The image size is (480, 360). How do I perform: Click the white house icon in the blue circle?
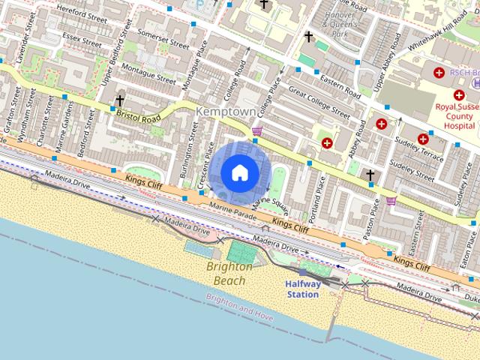(239, 172)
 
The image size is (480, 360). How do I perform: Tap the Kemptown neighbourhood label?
(225, 111)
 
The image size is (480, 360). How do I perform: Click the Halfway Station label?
(303, 289)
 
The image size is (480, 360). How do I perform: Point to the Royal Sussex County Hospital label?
(456, 117)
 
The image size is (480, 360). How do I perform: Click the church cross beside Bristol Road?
(120, 100)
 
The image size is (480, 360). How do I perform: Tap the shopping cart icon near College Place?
(258, 132)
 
